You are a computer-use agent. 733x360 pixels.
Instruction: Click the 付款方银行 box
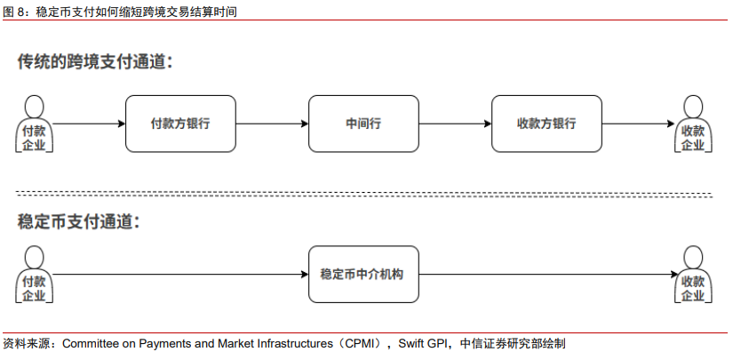pyautogui.click(x=180, y=124)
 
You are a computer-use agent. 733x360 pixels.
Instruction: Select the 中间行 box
pyautogui.click(x=363, y=124)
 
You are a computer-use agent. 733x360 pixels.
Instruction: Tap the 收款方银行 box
pyautogui.click(x=546, y=124)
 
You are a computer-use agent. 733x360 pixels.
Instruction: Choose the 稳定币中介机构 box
pyautogui.click(x=363, y=274)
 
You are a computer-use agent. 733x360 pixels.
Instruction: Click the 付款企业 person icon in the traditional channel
pyautogui.click(x=33, y=124)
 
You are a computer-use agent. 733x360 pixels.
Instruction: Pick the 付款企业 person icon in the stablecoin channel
pyautogui.click(x=33, y=275)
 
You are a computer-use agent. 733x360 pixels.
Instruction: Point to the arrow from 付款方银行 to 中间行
pyautogui.click(x=272, y=124)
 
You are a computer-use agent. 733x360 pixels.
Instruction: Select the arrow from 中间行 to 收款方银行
pyautogui.click(x=454, y=124)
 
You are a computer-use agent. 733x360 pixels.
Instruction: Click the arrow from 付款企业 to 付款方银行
pyautogui.click(x=89, y=124)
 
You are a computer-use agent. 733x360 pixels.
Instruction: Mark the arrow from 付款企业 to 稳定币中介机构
pyautogui.click(x=178, y=274)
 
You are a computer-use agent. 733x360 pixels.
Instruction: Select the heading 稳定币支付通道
pyautogui.click(x=79, y=221)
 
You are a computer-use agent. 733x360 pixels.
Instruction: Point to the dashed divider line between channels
pyautogui.click(x=364, y=193)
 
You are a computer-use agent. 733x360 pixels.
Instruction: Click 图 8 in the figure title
pyautogui.click(x=16, y=12)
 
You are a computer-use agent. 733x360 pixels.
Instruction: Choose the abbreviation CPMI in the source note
pyautogui.click(x=362, y=343)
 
